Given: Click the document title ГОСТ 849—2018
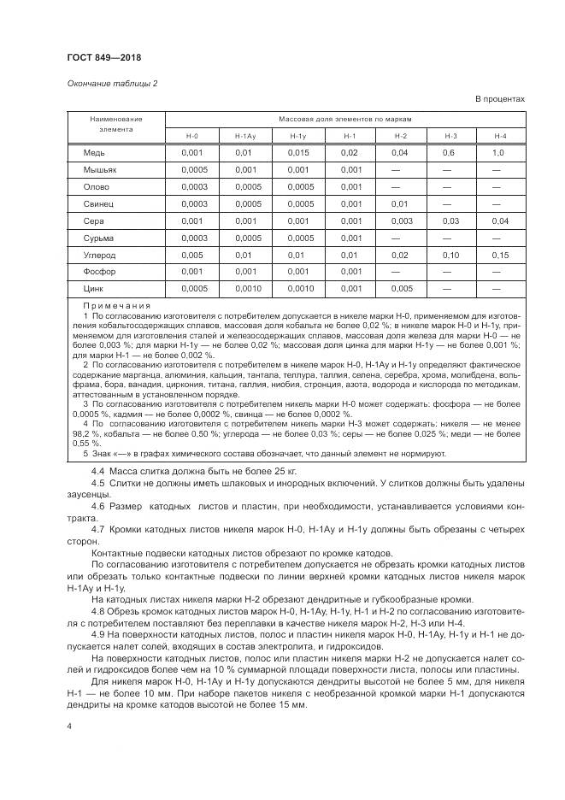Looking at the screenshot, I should [x=103, y=58].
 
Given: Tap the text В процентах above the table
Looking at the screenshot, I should [x=500, y=99].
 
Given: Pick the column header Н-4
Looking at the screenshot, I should [x=500, y=136].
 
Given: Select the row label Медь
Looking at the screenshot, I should [x=94, y=152].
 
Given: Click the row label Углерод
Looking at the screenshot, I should [x=99, y=255].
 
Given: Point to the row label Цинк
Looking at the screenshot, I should [x=94, y=289].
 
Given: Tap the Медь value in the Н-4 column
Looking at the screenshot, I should [x=499, y=152].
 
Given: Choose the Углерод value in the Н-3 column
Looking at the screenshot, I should [x=450, y=255].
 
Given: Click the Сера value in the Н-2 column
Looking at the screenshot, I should [x=400, y=221].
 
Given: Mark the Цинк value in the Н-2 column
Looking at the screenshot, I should [x=400, y=289].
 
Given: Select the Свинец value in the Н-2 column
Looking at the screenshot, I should [x=400, y=203].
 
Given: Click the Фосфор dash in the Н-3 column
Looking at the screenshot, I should [x=450, y=272].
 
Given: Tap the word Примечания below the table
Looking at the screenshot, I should [x=117, y=305].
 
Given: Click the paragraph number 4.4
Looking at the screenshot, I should [x=98, y=473].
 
